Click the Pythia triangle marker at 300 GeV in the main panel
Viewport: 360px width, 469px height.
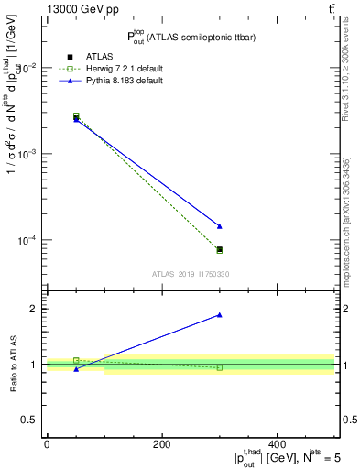220,226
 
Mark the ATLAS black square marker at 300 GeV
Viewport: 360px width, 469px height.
220,249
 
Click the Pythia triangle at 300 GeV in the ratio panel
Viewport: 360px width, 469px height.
220,315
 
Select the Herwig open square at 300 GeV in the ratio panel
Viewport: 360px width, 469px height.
220,367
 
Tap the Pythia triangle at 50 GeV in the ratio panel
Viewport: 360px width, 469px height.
76,368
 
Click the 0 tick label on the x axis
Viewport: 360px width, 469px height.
47,444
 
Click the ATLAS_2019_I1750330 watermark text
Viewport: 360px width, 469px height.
190,274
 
